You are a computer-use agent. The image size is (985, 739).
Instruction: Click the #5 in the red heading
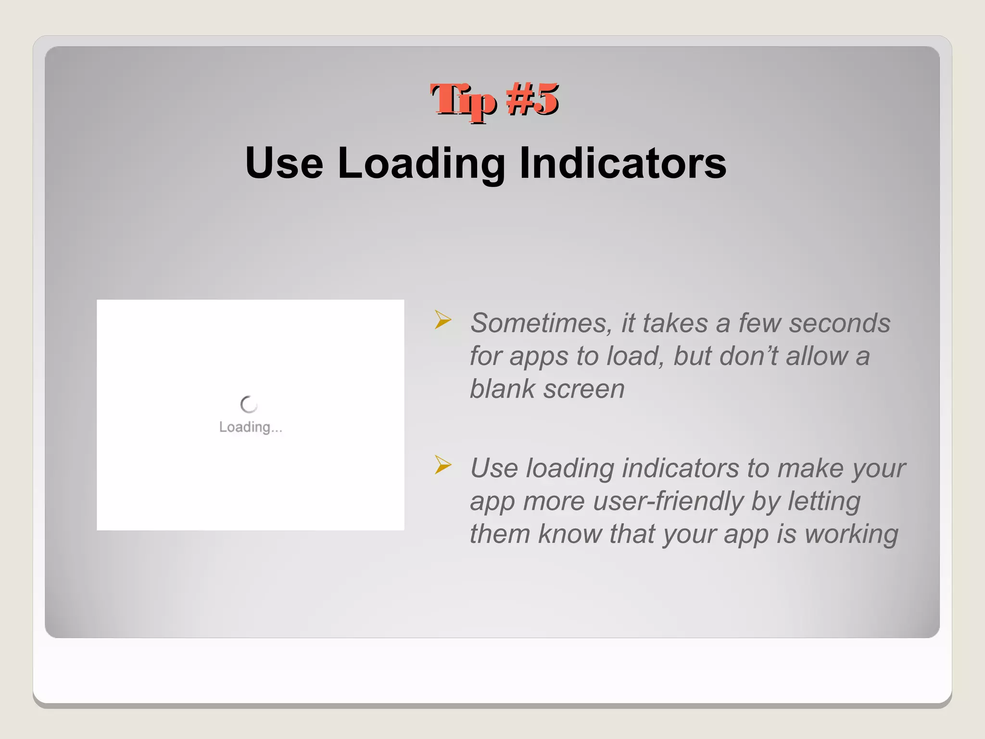[x=532, y=100]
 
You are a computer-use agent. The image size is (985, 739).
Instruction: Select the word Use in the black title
[x=284, y=163]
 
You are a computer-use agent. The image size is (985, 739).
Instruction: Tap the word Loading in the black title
[x=421, y=164]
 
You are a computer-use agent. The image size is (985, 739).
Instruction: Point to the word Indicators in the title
[x=623, y=163]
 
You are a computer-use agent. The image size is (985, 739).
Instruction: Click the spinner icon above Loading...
[x=249, y=405]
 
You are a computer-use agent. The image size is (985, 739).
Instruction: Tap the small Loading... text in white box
[x=251, y=427]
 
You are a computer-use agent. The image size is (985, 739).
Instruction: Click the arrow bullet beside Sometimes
[x=443, y=320]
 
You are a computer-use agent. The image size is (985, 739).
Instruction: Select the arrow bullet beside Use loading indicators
[x=443, y=465]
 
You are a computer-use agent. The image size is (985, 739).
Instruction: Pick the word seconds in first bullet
[x=839, y=323]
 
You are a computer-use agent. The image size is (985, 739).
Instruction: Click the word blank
[x=502, y=389]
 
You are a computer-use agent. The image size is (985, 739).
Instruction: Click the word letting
[x=823, y=501]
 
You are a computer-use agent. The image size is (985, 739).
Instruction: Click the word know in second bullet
[x=569, y=534]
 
